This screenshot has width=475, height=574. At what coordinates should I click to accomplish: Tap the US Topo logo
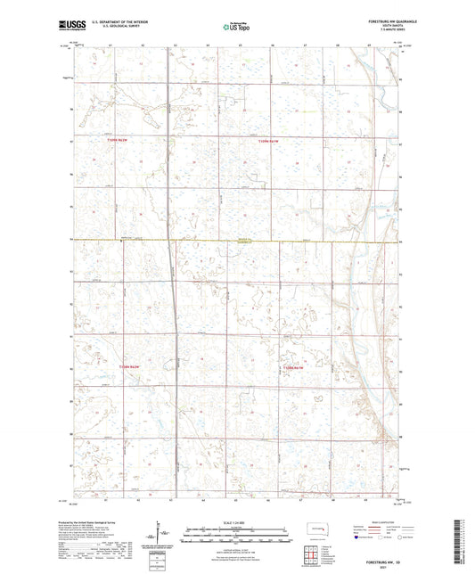click(236, 27)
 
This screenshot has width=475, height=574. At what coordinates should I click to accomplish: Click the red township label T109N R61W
click(268, 142)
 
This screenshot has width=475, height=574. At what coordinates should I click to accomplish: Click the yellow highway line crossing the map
click(267, 241)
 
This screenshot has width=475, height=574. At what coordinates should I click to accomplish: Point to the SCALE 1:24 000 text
click(237, 521)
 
